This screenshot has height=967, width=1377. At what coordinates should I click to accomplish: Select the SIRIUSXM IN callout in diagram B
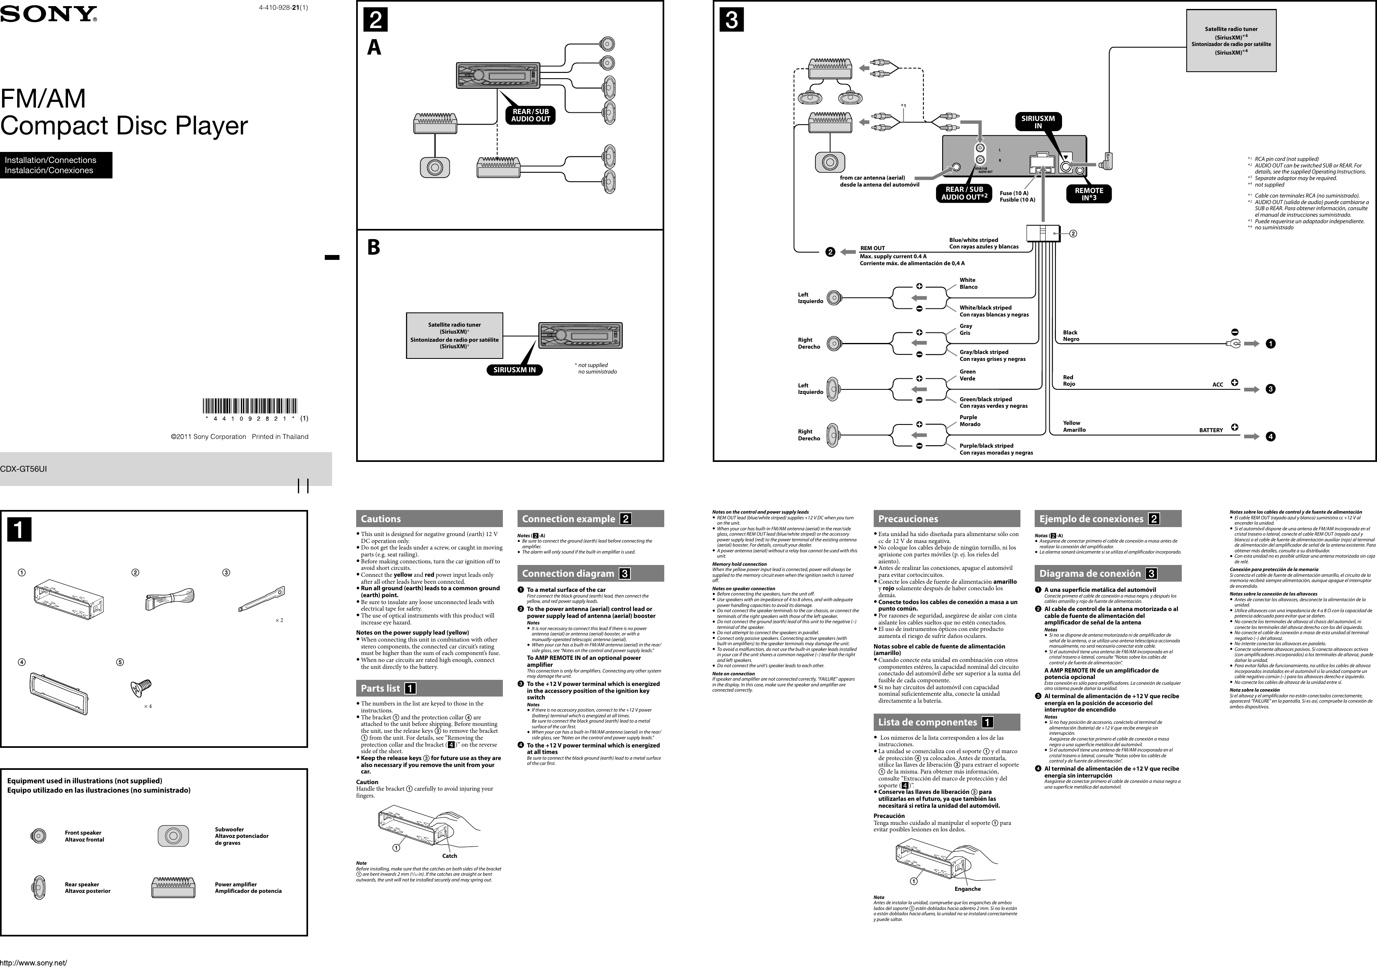click(x=514, y=370)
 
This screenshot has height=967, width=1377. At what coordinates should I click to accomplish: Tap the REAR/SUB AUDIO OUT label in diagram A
click(x=530, y=115)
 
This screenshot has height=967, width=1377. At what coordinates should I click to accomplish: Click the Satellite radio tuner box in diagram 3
click(x=1231, y=40)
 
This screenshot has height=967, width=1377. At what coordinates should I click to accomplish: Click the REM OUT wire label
click(x=872, y=248)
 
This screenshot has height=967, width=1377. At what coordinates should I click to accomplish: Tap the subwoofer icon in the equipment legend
click(x=173, y=836)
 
